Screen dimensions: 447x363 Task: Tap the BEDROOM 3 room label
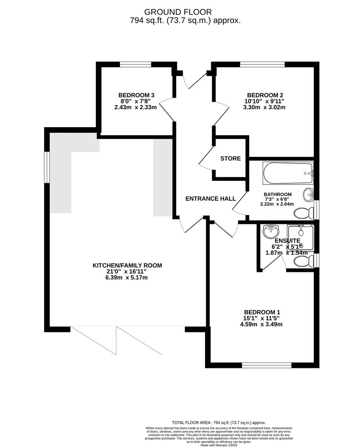(x=136, y=94)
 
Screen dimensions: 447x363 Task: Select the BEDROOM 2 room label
(x=265, y=94)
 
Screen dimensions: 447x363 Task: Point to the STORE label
(x=230, y=159)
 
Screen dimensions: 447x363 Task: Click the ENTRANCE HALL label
(x=210, y=199)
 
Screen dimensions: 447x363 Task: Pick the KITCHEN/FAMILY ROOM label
(x=127, y=265)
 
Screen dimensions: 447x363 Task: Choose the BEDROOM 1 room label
(x=263, y=312)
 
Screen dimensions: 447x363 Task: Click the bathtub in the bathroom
(x=288, y=173)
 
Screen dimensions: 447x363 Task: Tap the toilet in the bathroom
(x=303, y=213)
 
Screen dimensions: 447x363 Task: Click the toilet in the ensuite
(x=303, y=261)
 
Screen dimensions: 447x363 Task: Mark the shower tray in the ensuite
(x=301, y=238)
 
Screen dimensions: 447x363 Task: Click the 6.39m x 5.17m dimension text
(x=126, y=278)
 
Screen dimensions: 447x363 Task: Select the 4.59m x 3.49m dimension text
(x=263, y=324)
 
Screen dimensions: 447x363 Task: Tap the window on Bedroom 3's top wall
(x=136, y=64)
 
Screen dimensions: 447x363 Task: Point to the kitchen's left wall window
(x=47, y=167)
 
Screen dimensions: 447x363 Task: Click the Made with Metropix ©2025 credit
(x=219, y=445)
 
